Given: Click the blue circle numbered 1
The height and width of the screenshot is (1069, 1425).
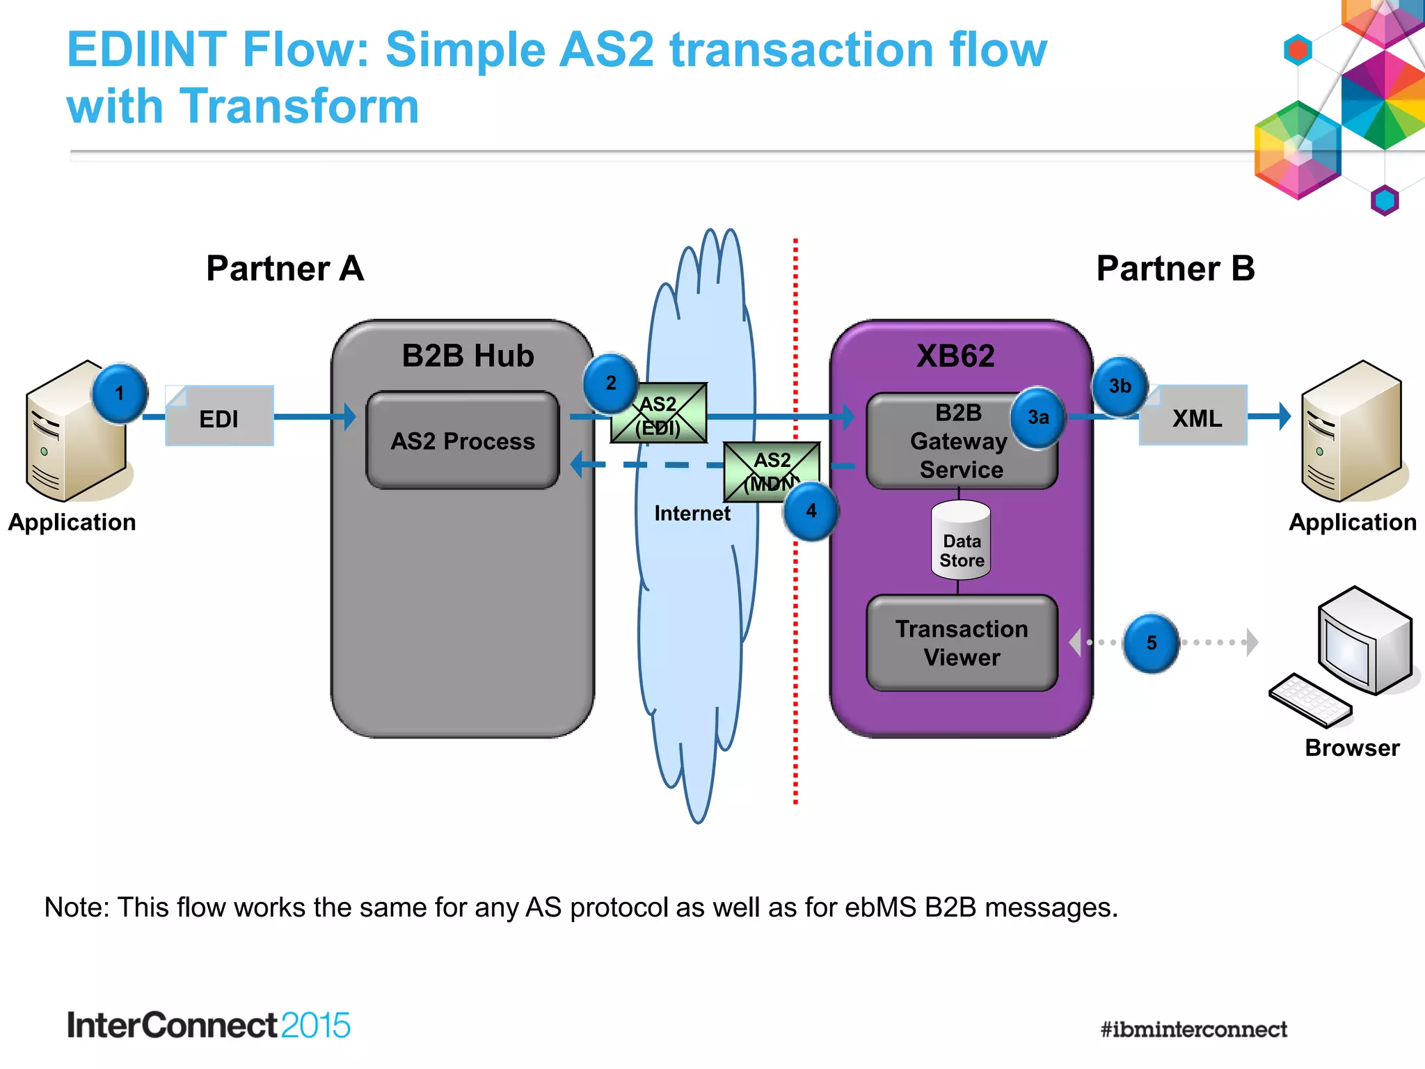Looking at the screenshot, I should click(x=119, y=394).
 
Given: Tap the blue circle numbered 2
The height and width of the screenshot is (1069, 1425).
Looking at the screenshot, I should click(x=610, y=383).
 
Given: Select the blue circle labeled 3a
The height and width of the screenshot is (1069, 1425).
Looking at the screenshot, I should click(x=1037, y=418).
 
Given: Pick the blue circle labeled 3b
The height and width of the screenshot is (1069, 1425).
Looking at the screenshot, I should click(x=1120, y=386).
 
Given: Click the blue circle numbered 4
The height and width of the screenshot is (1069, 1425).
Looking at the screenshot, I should click(x=811, y=512).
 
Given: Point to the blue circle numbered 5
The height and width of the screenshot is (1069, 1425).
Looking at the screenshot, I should click(x=1152, y=643).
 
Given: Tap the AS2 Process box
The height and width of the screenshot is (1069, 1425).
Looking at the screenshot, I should click(x=463, y=441).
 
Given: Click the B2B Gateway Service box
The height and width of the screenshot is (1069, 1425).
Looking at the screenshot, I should click(x=960, y=441).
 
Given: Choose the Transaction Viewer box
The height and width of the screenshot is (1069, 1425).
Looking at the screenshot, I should click(x=962, y=643).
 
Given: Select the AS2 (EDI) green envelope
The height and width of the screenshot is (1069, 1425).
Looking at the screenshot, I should click(x=659, y=413).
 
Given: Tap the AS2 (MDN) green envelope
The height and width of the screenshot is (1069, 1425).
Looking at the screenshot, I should click(x=771, y=470).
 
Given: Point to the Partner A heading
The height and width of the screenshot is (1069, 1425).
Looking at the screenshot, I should click(x=285, y=269).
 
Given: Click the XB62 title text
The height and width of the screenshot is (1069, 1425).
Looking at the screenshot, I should click(x=955, y=356).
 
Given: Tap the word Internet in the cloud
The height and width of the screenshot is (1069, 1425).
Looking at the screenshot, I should click(x=692, y=514).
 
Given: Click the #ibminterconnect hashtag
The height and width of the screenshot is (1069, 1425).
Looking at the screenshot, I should click(x=1193, y=1029).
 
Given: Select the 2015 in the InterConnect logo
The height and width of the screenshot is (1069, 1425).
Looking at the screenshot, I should click(x=315, y=1026).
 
